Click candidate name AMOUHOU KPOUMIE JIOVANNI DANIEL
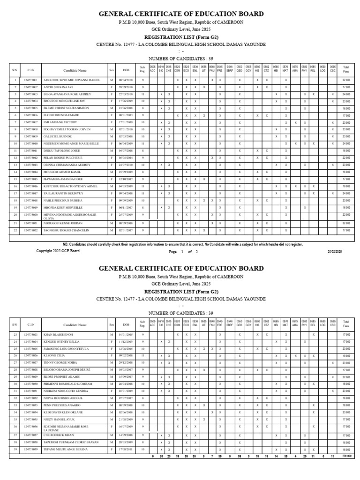tap(71, 80)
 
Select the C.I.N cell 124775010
tap(30, 143)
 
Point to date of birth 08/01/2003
tap(126, 115)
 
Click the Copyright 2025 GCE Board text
tap(58, 251)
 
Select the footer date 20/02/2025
tap(335, 252)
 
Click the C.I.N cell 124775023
tap(30, 335)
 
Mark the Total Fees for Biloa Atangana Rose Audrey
tap(346, 94)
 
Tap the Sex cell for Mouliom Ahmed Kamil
tap(112, 172)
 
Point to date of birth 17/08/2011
tap(126, 450)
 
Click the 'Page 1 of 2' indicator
tap(183, 252)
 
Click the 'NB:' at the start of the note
tap(66, 244)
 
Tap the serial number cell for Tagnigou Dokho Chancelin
tap(15, 231)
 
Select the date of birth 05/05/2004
tap(126, 158)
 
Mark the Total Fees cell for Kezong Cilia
tap(346, 356)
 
